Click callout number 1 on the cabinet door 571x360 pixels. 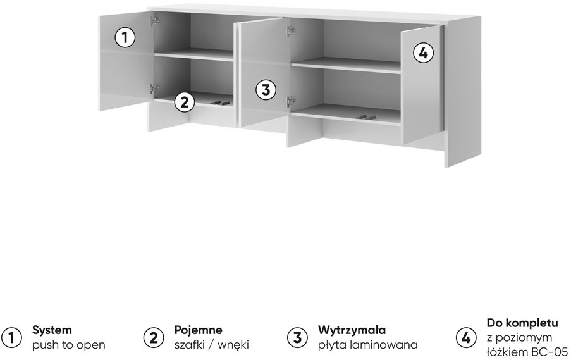point(125,37)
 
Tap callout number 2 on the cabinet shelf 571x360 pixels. point(185,102)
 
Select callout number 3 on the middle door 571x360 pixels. point(266,90)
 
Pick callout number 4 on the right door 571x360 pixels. point(423,53)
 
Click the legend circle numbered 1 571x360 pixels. point(11,338)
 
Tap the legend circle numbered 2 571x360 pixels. point(154,338)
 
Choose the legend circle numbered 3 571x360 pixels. point(298,338)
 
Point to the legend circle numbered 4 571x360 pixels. point(466,338)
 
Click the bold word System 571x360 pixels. point(52,330)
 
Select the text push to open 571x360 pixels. point(68,345)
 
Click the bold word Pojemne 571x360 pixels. point(198,330)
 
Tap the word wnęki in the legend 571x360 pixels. point(233,345)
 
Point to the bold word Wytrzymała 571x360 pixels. point(352,330)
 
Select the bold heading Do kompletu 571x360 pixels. point(522,323)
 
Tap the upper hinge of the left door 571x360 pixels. point(154,22)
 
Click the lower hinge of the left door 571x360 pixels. point(154,89)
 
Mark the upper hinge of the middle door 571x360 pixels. point(291,32)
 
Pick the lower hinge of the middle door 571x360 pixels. point(291,102)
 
